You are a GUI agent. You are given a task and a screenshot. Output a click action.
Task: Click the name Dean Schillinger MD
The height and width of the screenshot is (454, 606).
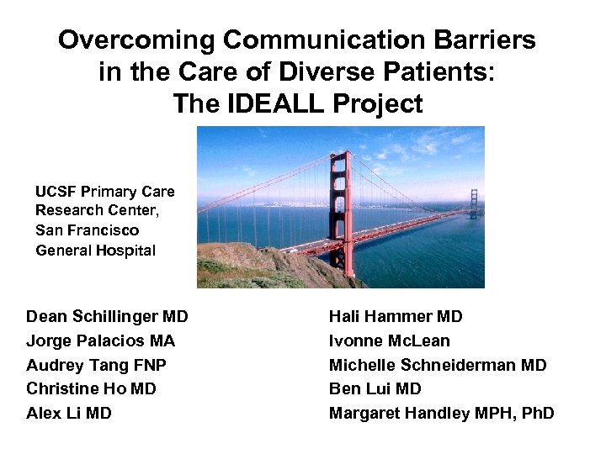[x=107, y=317]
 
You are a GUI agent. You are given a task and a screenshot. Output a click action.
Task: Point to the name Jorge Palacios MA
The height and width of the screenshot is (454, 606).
[x=100, y=340]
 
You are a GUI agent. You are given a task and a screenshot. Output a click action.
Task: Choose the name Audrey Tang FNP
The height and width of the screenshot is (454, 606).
[x=96, y=365]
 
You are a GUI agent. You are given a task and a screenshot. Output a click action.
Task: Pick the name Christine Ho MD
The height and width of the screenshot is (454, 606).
[x=91, y=388]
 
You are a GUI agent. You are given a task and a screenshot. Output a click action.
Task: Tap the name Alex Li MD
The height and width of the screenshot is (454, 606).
[x=68, y=413]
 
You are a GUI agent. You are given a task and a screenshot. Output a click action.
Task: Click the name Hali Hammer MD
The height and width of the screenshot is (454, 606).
[x=395, y=317]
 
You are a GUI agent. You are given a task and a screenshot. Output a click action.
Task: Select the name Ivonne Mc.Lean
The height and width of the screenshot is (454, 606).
[x=389, y=340]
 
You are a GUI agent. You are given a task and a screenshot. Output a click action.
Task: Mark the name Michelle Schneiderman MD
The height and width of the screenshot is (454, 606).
[x=437, y=365]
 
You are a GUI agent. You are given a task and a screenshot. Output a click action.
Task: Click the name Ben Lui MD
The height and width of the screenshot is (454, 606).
[x=375, y=388]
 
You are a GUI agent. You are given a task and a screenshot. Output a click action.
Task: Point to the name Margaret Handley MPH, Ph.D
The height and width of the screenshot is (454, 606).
[x=441, y=413]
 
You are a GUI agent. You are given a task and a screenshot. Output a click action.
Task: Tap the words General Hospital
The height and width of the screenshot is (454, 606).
[x=95, y=251]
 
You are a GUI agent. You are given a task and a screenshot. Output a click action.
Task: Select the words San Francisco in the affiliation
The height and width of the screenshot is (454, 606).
[x=87, y=230]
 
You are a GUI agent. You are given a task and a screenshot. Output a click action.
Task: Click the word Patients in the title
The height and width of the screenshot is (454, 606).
[x=438, y=71]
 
